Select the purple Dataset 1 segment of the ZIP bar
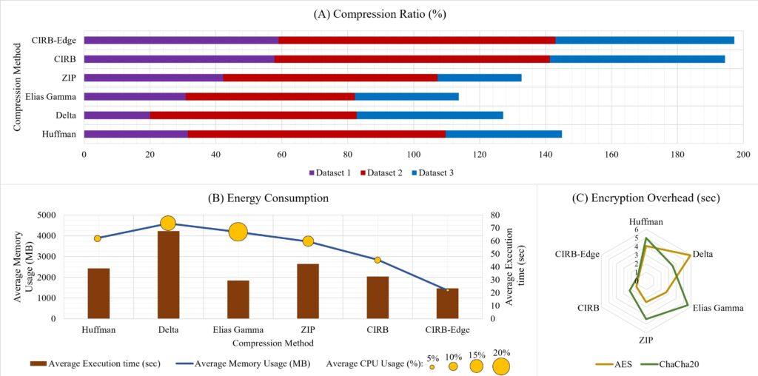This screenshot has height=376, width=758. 153,78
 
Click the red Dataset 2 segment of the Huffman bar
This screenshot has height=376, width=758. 316,134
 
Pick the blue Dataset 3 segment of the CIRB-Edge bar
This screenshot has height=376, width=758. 644,40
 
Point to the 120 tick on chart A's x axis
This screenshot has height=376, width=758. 480,154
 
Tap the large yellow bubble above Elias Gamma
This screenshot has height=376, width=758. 238,232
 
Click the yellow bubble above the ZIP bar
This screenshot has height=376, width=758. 308,241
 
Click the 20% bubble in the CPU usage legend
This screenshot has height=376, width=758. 501,366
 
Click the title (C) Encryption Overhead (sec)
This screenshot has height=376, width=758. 647,198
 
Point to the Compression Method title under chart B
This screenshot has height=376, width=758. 272,343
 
